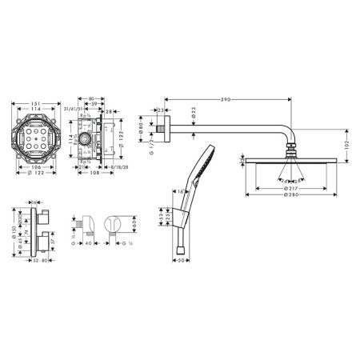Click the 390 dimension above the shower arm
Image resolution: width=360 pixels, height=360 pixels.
226,100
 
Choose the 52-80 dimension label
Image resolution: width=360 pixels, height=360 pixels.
38,261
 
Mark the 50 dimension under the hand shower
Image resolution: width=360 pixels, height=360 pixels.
181,261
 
